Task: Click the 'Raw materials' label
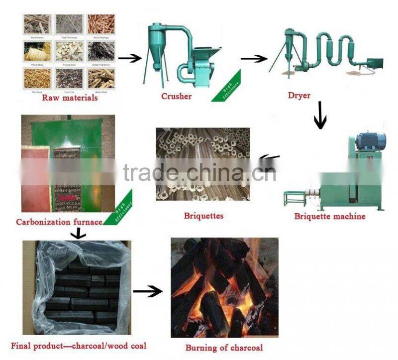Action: [x=70, y=98]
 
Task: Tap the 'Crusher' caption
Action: [x=176, y=96]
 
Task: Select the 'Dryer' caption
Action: [x=299, y=95]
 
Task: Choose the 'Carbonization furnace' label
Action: [x=59, y=222]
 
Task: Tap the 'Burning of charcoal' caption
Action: [x=224, y=348]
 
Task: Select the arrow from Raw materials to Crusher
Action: [x=129, y=58]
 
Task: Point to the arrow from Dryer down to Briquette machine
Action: [x=320, y=116]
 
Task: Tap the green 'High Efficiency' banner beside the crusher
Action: [x=226, y=88]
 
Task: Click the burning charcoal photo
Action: [x=224, y=287]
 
